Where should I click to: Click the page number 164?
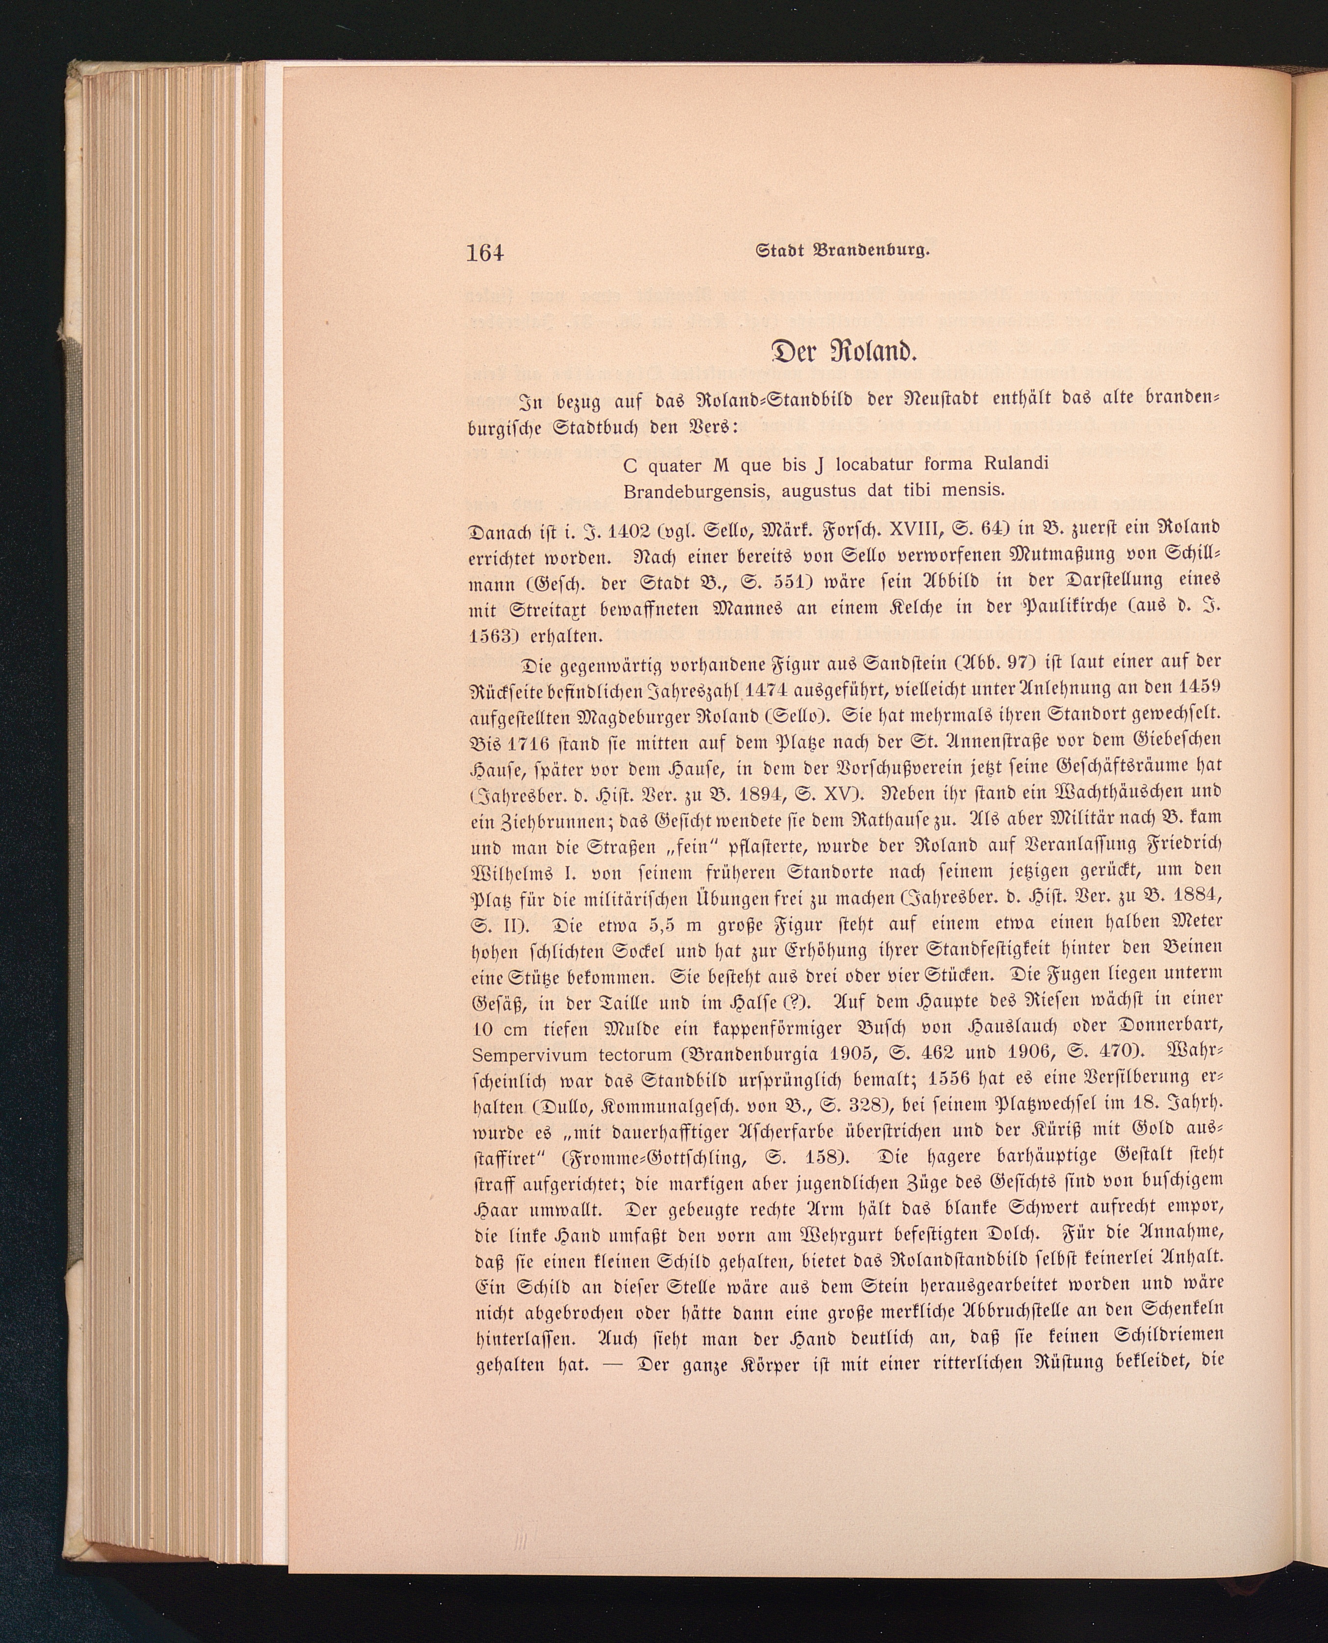pos(485,251)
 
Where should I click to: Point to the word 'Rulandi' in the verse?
pos(1008,463)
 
